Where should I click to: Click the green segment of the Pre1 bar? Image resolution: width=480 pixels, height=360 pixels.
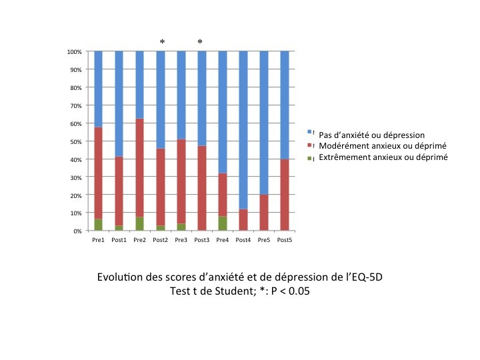pyautogui.click(x=98, y=225)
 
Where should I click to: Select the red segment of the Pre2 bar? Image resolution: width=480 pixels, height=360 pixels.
pyautogui.click(x=139, y=168)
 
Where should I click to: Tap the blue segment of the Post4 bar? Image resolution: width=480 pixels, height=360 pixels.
pyautogui.click(x=243, y=130)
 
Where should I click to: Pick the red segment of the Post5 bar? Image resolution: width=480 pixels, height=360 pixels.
pyautogui.click(x=285, y=195)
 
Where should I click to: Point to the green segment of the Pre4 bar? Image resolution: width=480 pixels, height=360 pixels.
pyautogui.click(x=223, y=223)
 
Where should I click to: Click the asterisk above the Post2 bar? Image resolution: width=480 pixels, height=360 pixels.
pyautogui.click(x=162, y=42)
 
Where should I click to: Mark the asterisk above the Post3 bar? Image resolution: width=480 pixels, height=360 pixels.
pyautogui.click(x=200, y=42)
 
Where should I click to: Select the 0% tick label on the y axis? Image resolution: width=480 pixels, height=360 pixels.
pyautogui.click(x=78, y=231)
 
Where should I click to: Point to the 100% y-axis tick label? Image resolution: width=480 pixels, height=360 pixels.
pyautogui.click(x=75, y=52)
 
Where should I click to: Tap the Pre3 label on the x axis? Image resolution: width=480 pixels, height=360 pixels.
pyautogui.click(x=181, y=240)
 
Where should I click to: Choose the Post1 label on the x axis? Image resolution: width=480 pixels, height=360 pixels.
pyautogui.click(x=119, y=240)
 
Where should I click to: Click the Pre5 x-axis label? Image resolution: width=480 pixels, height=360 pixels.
pyautogui.click(x=264, y=240)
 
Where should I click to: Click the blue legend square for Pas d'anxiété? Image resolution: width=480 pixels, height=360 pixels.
pyautogui.click(x=309, y=132)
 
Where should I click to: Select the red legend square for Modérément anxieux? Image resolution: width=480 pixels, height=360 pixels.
pyautogui.click(x=309, y=145)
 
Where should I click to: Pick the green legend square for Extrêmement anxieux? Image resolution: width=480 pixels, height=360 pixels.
pyautogui.click(x=309, y=159)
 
